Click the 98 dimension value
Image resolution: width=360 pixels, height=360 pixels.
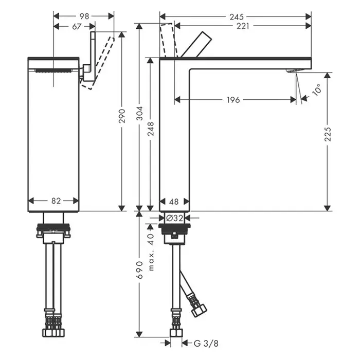[x=84, y=16]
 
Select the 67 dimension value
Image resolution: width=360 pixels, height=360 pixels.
[x=77, y=27]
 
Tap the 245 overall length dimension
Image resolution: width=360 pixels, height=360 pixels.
[x=237, y=17]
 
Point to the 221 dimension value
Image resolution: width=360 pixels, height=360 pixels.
[x=243, y=26]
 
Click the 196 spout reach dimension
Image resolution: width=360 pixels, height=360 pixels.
[x=233, y=100]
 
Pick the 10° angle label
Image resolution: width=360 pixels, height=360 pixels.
[x=317, y=90]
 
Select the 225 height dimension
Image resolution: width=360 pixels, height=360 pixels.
[x=328, y=134]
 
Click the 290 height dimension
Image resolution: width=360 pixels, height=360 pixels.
[x=122, y=116]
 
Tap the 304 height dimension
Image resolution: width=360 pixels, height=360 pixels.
[x=140, y=113]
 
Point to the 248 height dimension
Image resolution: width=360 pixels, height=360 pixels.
[x=151, y=129]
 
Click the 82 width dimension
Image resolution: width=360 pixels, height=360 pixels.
[x=56, y=201]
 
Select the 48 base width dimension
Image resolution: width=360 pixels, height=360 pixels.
[x=174, y=202]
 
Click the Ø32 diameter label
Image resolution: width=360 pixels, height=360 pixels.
[x=175, y=218]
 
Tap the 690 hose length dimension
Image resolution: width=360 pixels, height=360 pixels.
[x=140, y=270]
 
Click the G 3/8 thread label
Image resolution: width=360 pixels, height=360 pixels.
[x=206, y=344]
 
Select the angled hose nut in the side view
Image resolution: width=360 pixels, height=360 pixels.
[x=199, y=310]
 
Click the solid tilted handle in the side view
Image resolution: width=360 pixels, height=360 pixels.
[x=196, y=45]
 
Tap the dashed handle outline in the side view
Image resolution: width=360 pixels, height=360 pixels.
[x=169, y=40]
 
